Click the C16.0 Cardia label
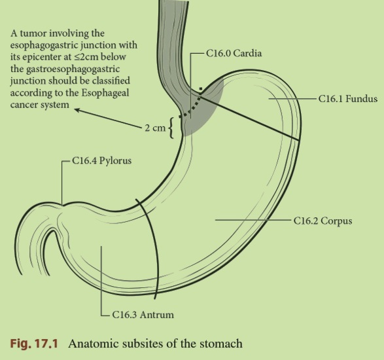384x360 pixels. coord(234,53)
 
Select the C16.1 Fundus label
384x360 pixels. coord(348,99)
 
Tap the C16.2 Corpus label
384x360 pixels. coord(323,221)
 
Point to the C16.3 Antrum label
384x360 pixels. coord(143,314)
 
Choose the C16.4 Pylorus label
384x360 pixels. coord(101,160)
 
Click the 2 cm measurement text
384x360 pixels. coord(155,128)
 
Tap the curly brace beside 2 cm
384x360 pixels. coord(171,128)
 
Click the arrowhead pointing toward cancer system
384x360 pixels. coord(77,110)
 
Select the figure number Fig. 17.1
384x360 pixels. coord(34,344)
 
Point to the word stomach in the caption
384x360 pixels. coord(221,344)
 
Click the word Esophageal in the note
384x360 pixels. coord(105,93)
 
